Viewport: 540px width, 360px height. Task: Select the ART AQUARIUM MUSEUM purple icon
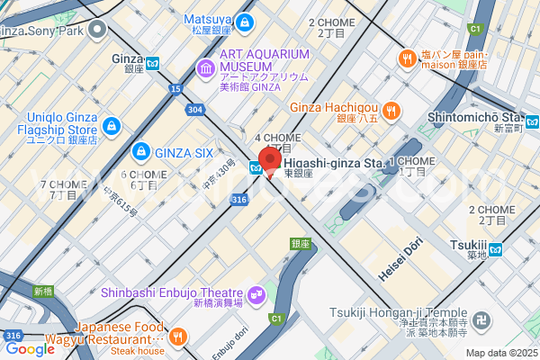point(206,67)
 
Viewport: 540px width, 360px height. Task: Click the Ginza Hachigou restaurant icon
point(391,111)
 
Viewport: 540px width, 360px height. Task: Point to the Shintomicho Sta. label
point(474,117)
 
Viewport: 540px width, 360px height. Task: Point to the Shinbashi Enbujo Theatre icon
point(256,293)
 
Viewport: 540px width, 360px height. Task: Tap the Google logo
point(29,349)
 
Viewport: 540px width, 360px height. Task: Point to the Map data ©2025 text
point(501,353)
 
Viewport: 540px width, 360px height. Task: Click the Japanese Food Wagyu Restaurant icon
point(178,337)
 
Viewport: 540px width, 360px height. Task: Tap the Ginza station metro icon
point(153,63)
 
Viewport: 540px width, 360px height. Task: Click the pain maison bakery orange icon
point(407,58)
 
